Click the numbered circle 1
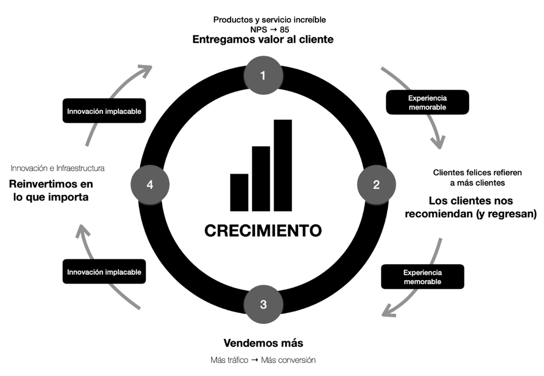pyautogui.click(x=263, y=76)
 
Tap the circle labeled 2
pyautogui.click(x=376, y=185)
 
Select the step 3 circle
pyautogui.click(x=263, y=304)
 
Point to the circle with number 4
pyautogui.click(x=150, y=185)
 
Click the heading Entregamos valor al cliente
pyautogui.click(x=262, y=39)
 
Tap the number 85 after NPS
pyautogui.click(x=284, y=29)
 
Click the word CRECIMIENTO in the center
pyautogui.click(x=263, y=230)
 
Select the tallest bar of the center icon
pyautogui.click(x=283, y=165)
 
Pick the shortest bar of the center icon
pyautogui.click(x=239, y=192)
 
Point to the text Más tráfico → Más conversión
pyautogui.click(x=263, y=360)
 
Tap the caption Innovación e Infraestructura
pyautogui.click(x=58, y=168)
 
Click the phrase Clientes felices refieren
pyautogui.click(x=477, y=172)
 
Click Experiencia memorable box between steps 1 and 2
pyautogui.click(x=427, y=102)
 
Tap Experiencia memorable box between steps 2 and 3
pyautogui.click(x=422, y=277)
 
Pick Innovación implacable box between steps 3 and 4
pyautogui.click(x=104, y=272)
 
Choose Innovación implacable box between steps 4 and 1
pyautogui.click(x=104, y=111)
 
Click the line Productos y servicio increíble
pyautogui.click(x=269, y=20)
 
